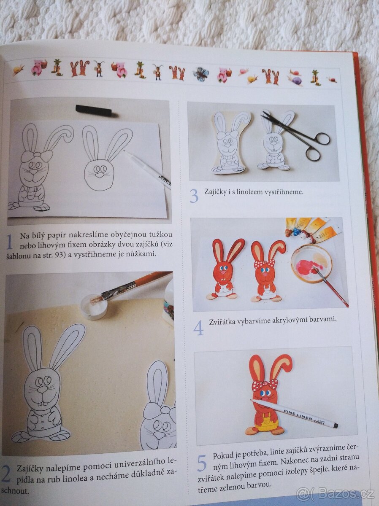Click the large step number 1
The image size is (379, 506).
(x=9, y=242)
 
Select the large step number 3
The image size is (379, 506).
(x=194, y=196)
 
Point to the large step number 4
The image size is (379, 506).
(x=198, y=328)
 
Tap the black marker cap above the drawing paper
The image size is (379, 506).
(x=93, y=110)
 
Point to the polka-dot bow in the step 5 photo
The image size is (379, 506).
(x=265, y=384)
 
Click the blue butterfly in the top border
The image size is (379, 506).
(x=201, y=74)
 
